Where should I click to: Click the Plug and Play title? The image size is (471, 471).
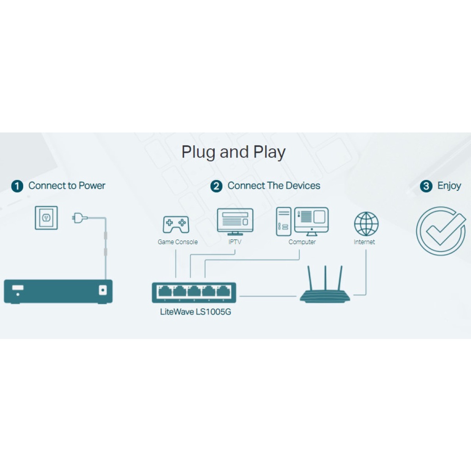click(x=233, y=152)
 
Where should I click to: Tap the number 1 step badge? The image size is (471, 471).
click(x=17, y=186)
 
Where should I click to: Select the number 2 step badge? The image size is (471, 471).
click(x=216, y=186)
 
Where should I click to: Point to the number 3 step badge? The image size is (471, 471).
click(x=426, y=186)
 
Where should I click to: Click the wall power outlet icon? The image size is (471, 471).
click(x=46, y=218)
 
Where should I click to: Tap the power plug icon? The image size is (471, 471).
click(x=80, y=218)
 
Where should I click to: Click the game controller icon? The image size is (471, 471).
click(x=176, y=224)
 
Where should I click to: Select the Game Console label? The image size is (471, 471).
click(x=178, y=242)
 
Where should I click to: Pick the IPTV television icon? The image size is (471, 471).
click(x=235, y=221)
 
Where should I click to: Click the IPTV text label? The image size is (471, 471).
click(x=235, y=242)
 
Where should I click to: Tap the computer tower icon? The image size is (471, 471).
click(x=283, y=222)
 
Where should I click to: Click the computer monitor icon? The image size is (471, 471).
click(x=312, y=221)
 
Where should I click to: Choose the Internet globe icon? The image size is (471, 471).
click(x=366, y=224)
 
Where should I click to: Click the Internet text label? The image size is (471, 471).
click(x=364, y=242)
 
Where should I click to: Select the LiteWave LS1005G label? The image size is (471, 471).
click(x=195, y=312)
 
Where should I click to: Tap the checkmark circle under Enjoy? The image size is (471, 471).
click(x=441, y=231)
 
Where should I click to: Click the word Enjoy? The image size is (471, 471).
click(x=449, y=186)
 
